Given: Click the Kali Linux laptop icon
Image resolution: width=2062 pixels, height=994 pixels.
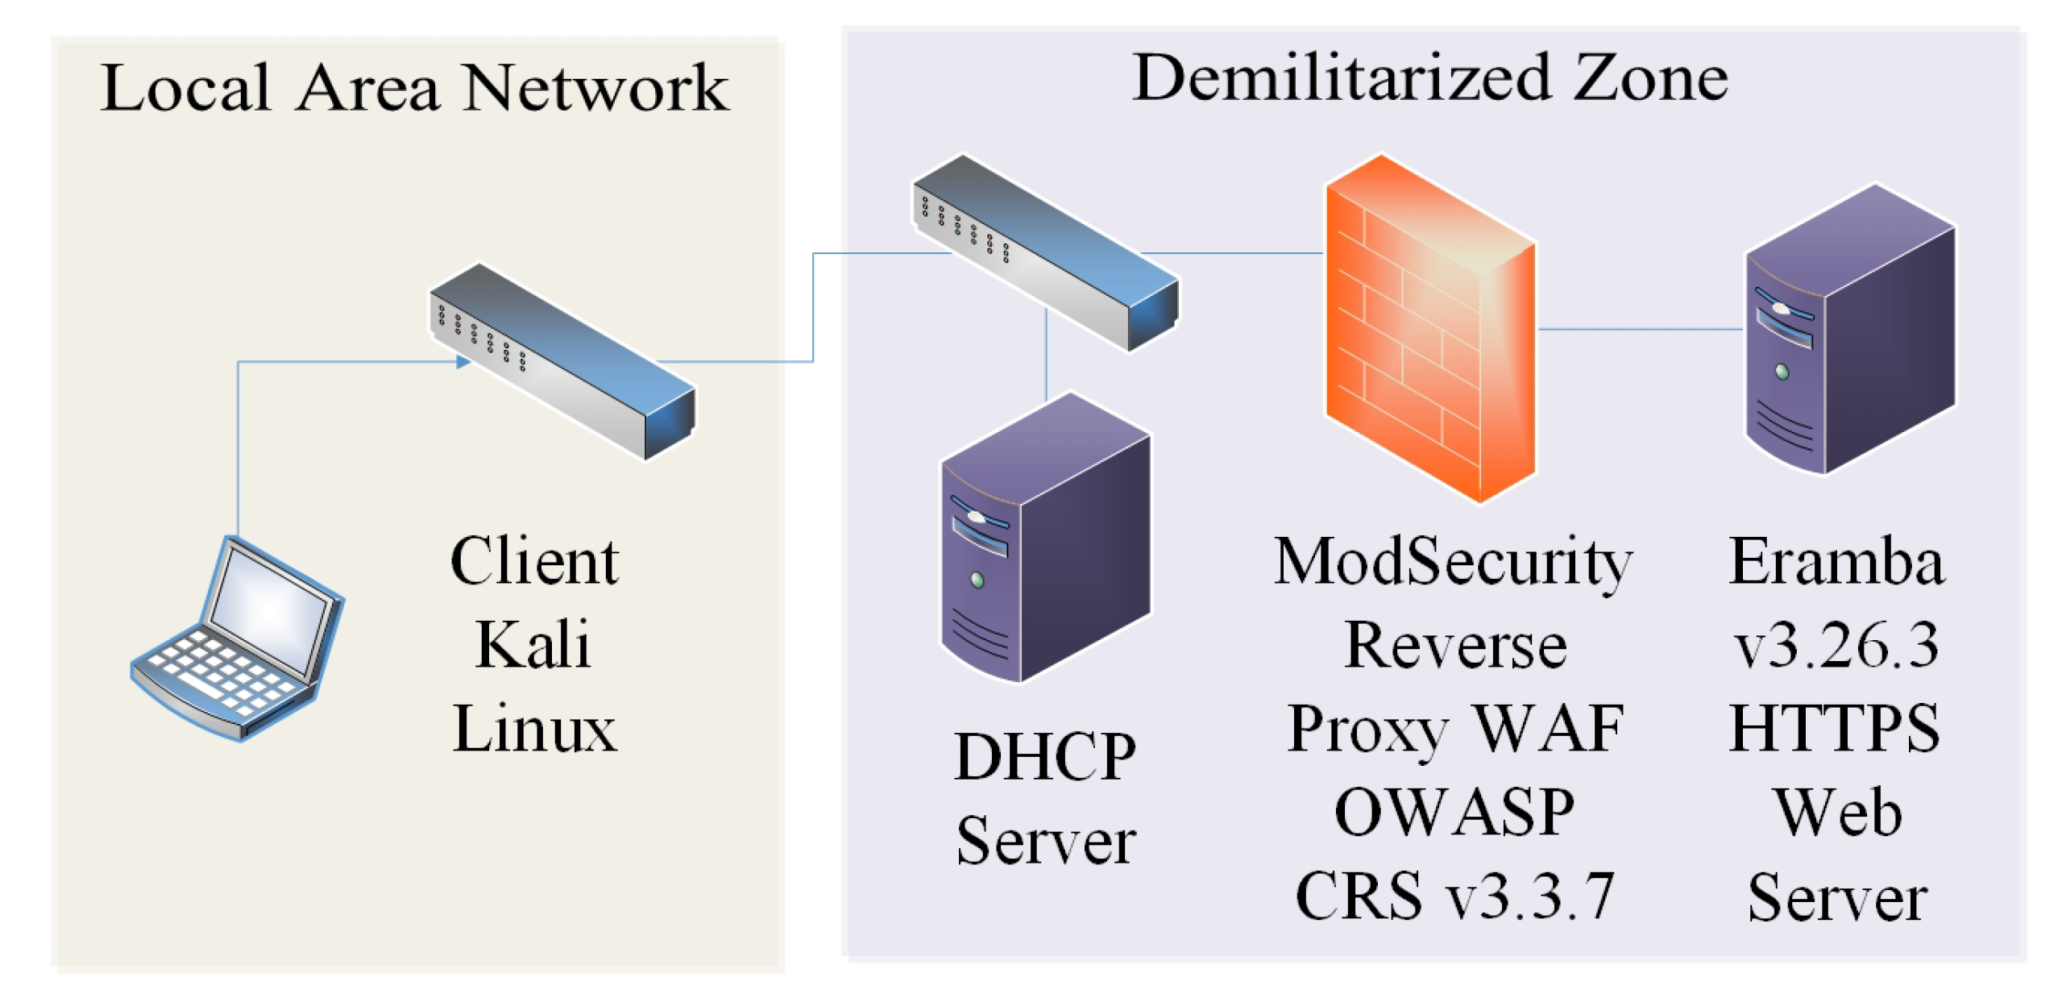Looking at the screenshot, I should (238, 641).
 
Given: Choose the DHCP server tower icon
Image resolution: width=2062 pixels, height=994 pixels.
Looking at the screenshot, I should (1046, 539).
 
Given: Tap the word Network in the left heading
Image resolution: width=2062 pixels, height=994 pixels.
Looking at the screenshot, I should (595, 88).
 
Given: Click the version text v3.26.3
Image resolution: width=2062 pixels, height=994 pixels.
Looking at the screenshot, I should (1836, 646).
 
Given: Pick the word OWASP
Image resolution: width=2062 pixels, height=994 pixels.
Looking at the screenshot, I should (1454, 812).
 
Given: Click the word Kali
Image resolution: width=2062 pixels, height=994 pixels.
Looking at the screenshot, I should (533, 646).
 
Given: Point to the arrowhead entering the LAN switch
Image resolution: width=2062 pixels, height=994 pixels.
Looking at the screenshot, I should (463, 362).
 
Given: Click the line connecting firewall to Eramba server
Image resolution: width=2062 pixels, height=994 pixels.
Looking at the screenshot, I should (1640, 329).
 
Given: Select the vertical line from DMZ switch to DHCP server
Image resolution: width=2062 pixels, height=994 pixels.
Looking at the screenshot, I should (1046, 355).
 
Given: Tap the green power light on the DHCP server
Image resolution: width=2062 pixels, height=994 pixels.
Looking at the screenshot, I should (977, 580).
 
